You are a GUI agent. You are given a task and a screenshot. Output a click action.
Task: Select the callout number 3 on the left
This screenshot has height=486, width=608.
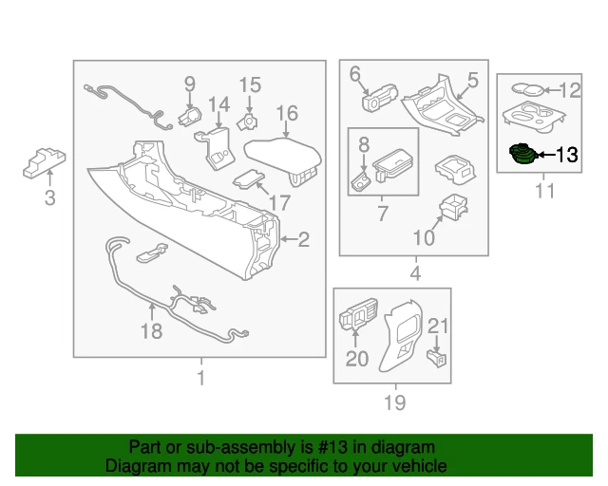click(50, 197)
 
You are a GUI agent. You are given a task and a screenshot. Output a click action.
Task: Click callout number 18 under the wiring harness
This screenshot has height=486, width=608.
click(151, 330)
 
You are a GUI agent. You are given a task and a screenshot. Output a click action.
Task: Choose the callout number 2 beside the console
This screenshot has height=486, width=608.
click(304, 240)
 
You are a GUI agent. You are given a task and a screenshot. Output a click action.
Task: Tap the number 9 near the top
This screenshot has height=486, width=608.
click(189, 84)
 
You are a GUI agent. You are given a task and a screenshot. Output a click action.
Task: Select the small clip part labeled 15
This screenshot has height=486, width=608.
click(249, 121)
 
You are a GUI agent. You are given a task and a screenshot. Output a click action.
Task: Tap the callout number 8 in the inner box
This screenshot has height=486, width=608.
click(363, 144)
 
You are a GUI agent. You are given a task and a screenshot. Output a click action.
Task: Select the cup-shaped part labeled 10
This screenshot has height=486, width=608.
click(452, 206)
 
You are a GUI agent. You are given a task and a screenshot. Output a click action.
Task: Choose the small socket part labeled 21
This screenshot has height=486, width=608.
click(438, 357)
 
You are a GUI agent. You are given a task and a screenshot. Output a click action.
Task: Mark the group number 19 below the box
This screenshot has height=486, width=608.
click(393, 402)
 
